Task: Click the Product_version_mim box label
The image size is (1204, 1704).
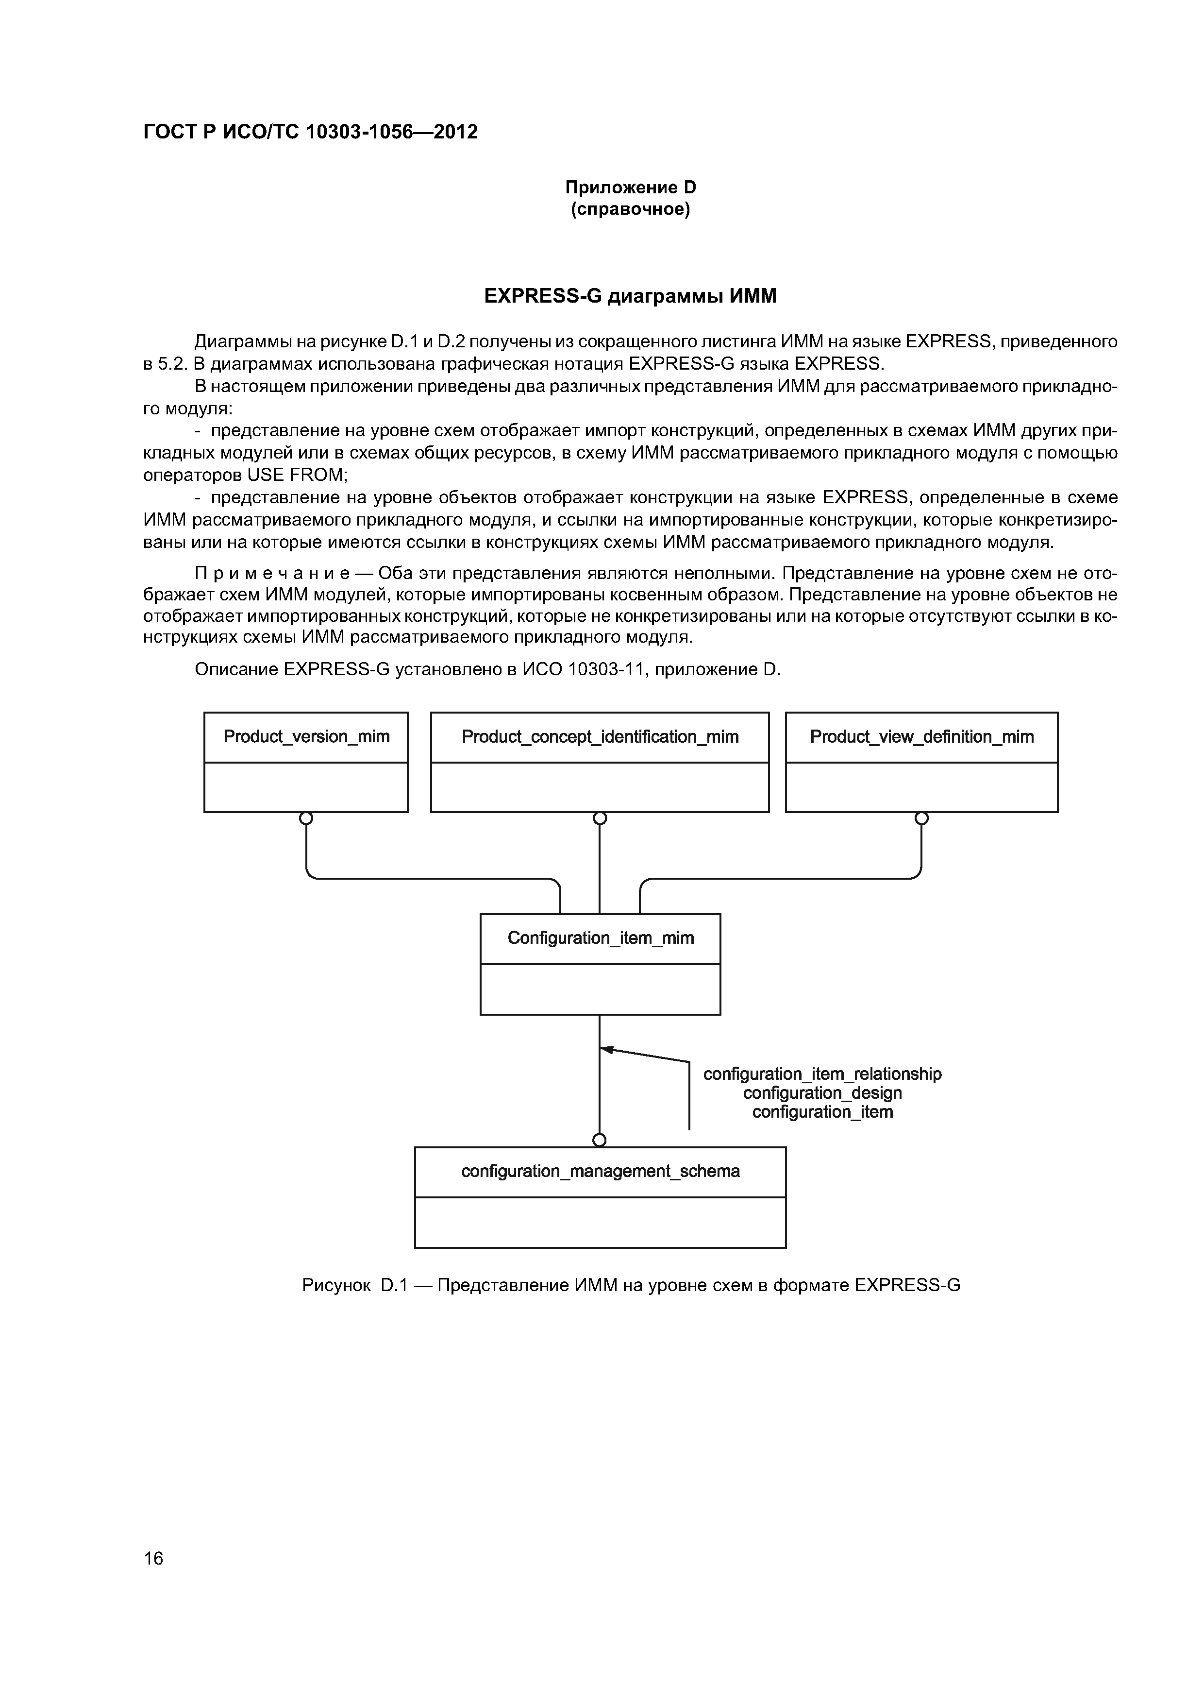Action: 306,737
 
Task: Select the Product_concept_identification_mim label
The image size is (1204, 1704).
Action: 600,737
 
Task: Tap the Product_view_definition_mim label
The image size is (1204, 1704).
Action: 921,737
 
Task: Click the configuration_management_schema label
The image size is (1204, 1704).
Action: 600,1171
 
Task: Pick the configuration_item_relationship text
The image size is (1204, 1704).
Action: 822,1074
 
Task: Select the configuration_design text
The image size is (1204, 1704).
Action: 822,1093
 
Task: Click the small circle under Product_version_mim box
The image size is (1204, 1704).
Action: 306,818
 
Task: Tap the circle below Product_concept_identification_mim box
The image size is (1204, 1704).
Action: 600,818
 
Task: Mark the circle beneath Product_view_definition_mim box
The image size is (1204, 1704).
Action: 921,818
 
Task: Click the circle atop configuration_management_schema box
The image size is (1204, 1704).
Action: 600,1140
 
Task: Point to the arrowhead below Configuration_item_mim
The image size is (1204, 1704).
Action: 606,1049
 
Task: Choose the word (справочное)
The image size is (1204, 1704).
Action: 631,210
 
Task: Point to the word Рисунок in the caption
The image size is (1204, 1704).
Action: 336,1285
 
